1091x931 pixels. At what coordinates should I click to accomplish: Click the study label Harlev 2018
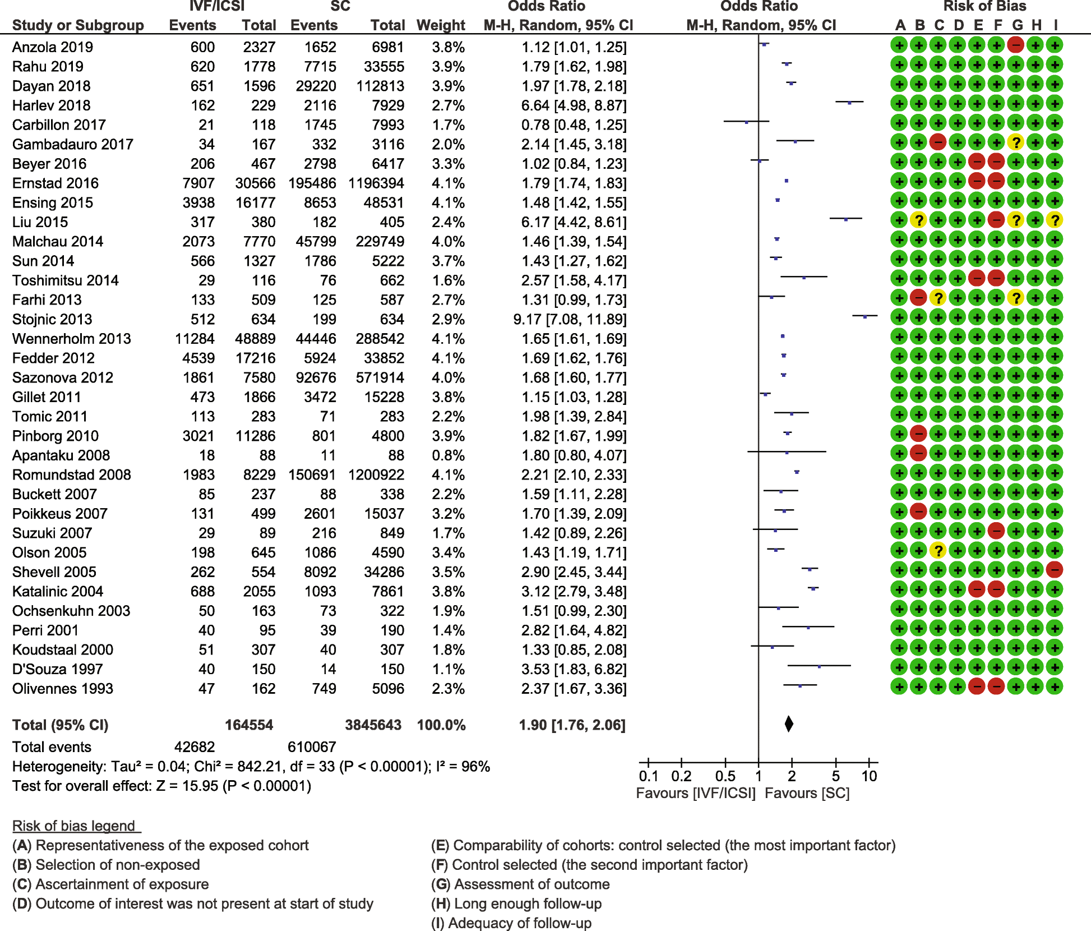(x=51, y=105)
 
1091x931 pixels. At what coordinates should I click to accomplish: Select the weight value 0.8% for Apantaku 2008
(x=448, y=455)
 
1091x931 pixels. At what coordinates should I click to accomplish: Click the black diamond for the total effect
(x=789, y=724)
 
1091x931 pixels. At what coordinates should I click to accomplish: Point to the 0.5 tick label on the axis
(x=725, y=776)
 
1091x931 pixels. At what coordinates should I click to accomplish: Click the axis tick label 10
(x=869, y=776)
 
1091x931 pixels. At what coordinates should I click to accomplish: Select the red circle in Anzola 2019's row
(x=1016, y=45)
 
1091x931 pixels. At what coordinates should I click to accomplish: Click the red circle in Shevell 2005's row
(x=1055, y=570)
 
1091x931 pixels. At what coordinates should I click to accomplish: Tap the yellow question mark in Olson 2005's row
(x=938, y=551)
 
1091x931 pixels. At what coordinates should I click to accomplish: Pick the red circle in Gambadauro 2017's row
(x=938, y=142)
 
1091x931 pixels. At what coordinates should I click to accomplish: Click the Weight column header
(x=441, y=25)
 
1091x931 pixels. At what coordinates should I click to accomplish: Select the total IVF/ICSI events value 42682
(x=195, y=747)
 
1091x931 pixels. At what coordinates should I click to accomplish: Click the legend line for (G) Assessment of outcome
(x=520, y=884)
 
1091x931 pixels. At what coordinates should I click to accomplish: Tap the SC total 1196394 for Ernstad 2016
(x=376, y=183)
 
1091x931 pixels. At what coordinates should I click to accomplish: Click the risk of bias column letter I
(x=1056, y=25)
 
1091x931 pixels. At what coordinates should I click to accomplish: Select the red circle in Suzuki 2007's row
(x=996, y=531)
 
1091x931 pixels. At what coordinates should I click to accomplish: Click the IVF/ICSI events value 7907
(x=198, y=183)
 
